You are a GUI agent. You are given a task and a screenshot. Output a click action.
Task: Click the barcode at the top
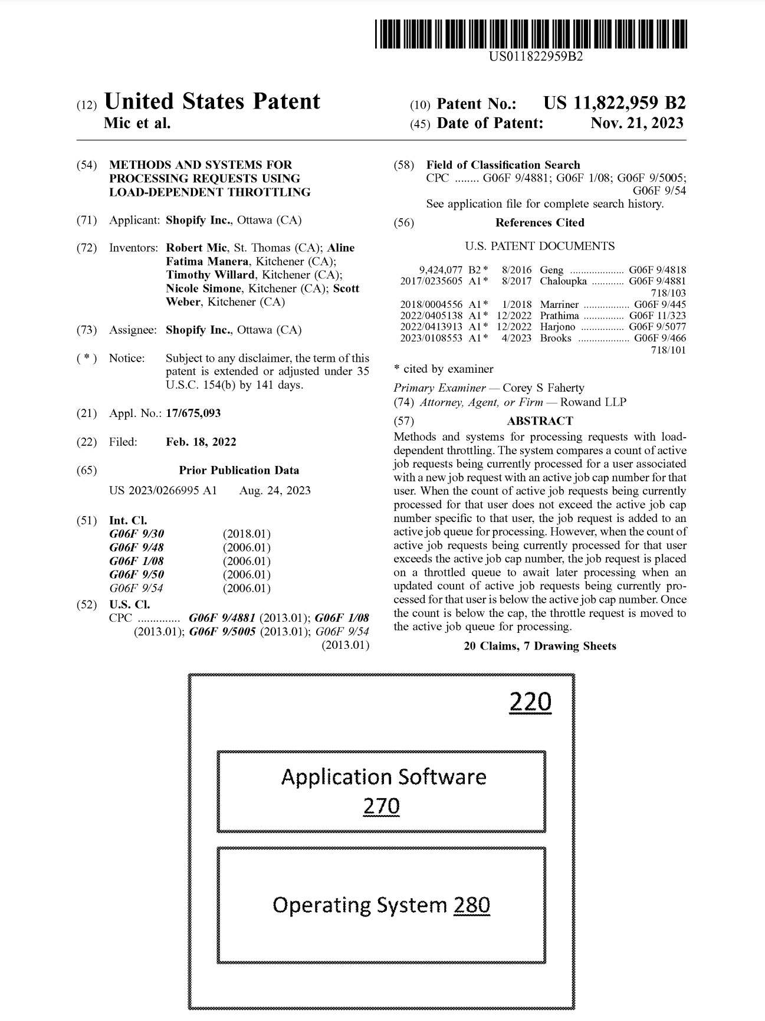(x=531, y=34)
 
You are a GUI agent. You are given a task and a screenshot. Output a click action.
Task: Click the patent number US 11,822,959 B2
(x=614, y=103)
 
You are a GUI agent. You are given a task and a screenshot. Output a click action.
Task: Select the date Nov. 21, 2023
(x=636, y=123)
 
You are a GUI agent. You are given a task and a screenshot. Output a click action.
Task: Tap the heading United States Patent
(x=212, y=101)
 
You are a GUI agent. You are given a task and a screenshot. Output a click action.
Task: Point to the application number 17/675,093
(x=193, y=413)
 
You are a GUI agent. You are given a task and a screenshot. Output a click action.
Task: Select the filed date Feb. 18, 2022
(x=201, y=442)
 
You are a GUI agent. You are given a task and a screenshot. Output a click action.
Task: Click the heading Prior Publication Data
(x=239, y=470)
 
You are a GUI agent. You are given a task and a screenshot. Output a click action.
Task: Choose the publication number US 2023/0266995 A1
(x=163, y=490)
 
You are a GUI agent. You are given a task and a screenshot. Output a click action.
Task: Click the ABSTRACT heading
(x=540, y=421)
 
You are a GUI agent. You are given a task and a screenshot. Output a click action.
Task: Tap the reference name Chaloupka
(x=563, y=281)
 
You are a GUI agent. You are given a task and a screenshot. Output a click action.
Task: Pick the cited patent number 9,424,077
(x=441, y=270)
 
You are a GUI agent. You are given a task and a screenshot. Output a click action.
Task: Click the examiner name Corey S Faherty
(x=543, y=388)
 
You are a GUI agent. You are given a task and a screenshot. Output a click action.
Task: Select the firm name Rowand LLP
(x=593, y=402)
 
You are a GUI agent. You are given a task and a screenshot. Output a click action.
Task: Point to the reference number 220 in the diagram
(x=530, y=702)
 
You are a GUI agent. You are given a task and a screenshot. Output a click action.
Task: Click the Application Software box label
(x=383, y=777)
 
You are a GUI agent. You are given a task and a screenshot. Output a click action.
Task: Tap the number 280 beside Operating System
(x=472, y=905)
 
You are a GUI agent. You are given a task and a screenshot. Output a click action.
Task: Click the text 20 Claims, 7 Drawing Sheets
(x=540, y=646)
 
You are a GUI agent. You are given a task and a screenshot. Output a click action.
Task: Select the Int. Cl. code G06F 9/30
(x=137, y=534)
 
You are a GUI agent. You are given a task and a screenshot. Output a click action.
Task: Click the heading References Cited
(x=540, y=222)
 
